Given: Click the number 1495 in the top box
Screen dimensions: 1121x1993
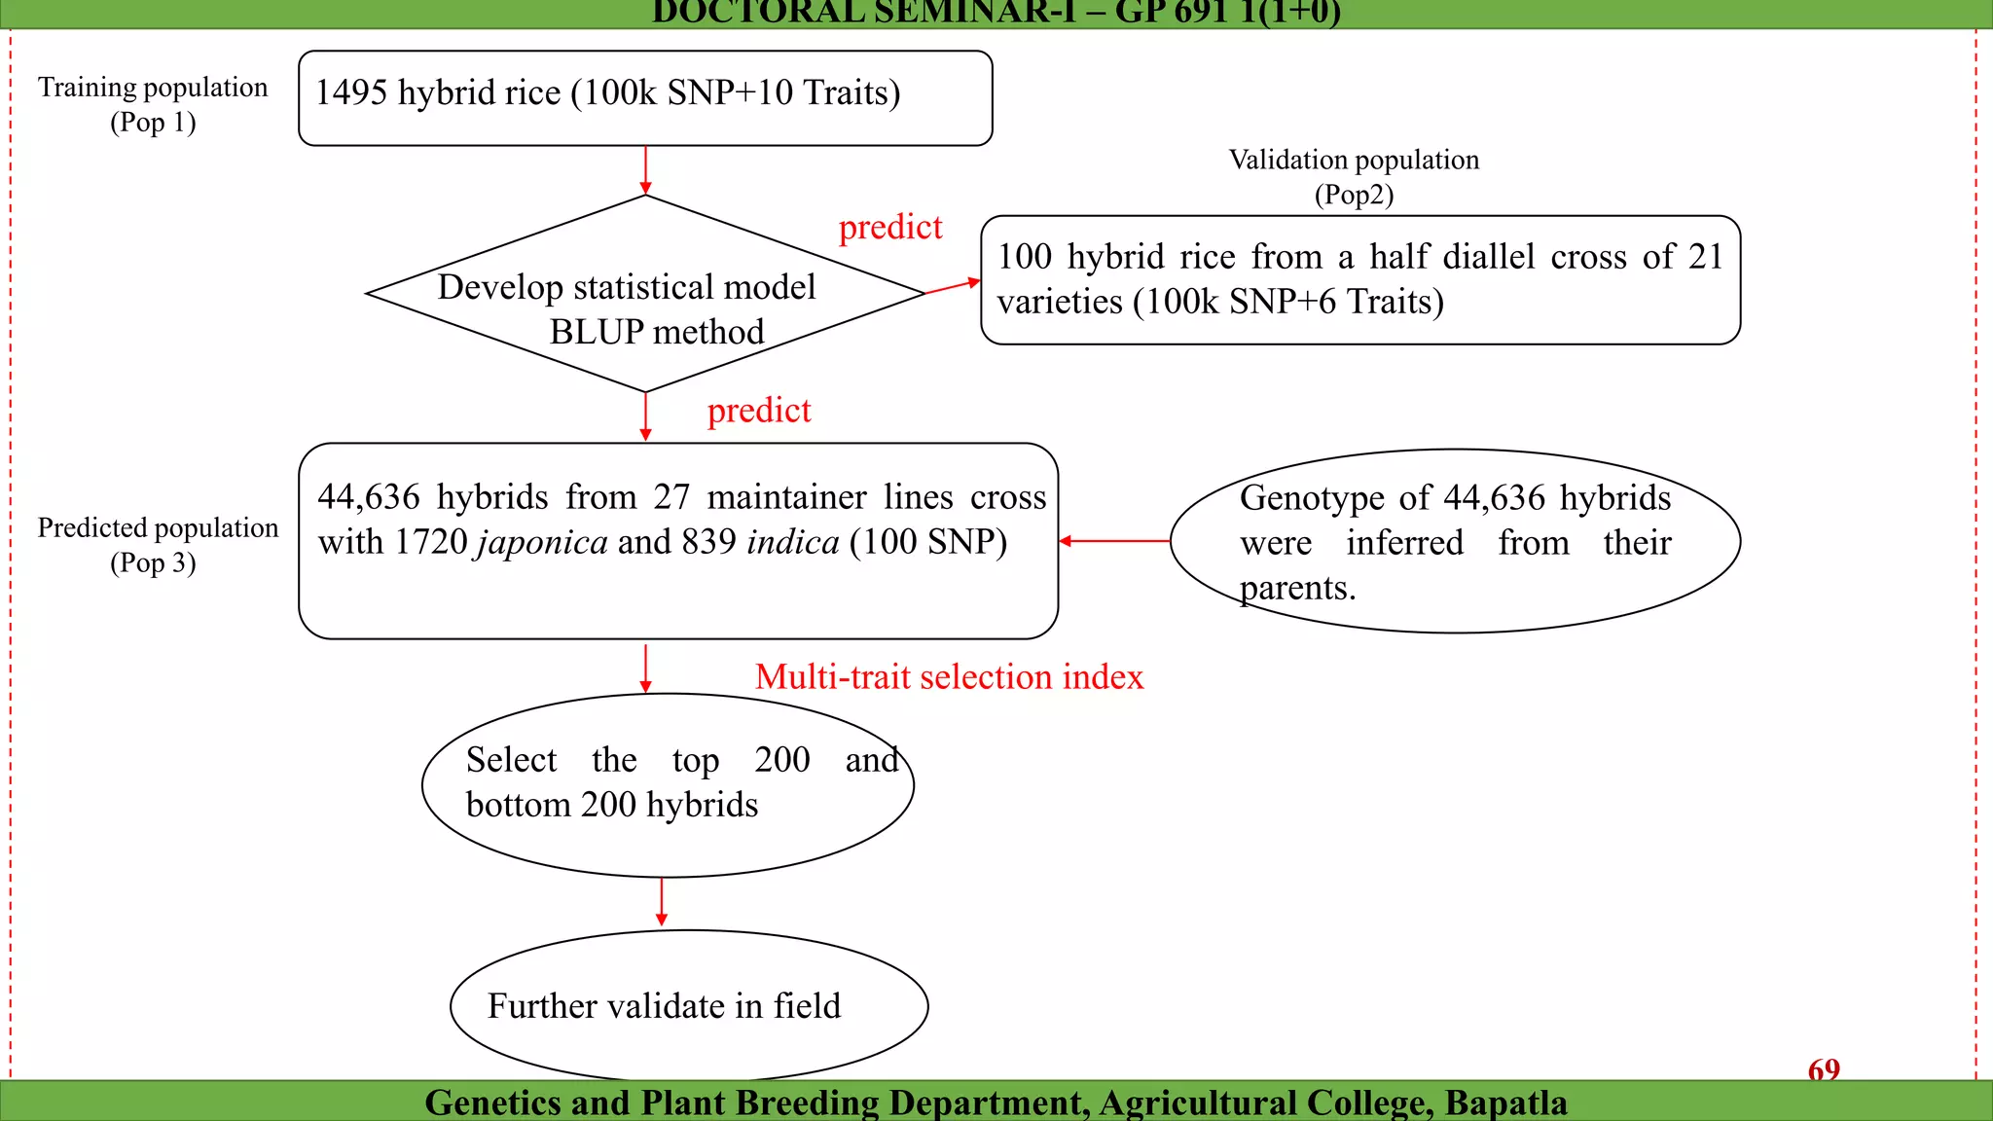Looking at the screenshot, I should pos(351,93).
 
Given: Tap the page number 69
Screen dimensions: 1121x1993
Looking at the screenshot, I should pos(1824,1069).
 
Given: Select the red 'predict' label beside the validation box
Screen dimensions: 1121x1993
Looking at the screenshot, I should pos(890,228).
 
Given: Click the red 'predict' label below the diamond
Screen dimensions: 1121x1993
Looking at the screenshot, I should pos(759,412).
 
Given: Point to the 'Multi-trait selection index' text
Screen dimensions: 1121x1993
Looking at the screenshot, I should pos(949,677).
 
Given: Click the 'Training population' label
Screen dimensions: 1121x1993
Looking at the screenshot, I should pos(153,89).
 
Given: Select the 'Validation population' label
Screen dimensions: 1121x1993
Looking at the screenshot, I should pos(1354,161).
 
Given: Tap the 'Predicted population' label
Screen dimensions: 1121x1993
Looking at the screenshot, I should pos(158,528).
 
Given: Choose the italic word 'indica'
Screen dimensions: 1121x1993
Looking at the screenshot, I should pos(793,543).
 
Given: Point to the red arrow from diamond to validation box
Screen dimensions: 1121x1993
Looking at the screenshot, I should pos(952,286).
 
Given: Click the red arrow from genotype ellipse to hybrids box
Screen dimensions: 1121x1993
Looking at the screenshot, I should pos(1114,541).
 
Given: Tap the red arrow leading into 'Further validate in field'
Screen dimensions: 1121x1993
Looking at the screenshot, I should pos(662,902).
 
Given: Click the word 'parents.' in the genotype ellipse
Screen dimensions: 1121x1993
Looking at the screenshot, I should pos(1297,589).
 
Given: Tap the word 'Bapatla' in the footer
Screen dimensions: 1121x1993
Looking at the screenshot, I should pos(1505,1103).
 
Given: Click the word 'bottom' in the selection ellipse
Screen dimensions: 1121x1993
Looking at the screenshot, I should pos(518,806).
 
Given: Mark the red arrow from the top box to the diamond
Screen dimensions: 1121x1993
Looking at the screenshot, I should pos(645,170).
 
